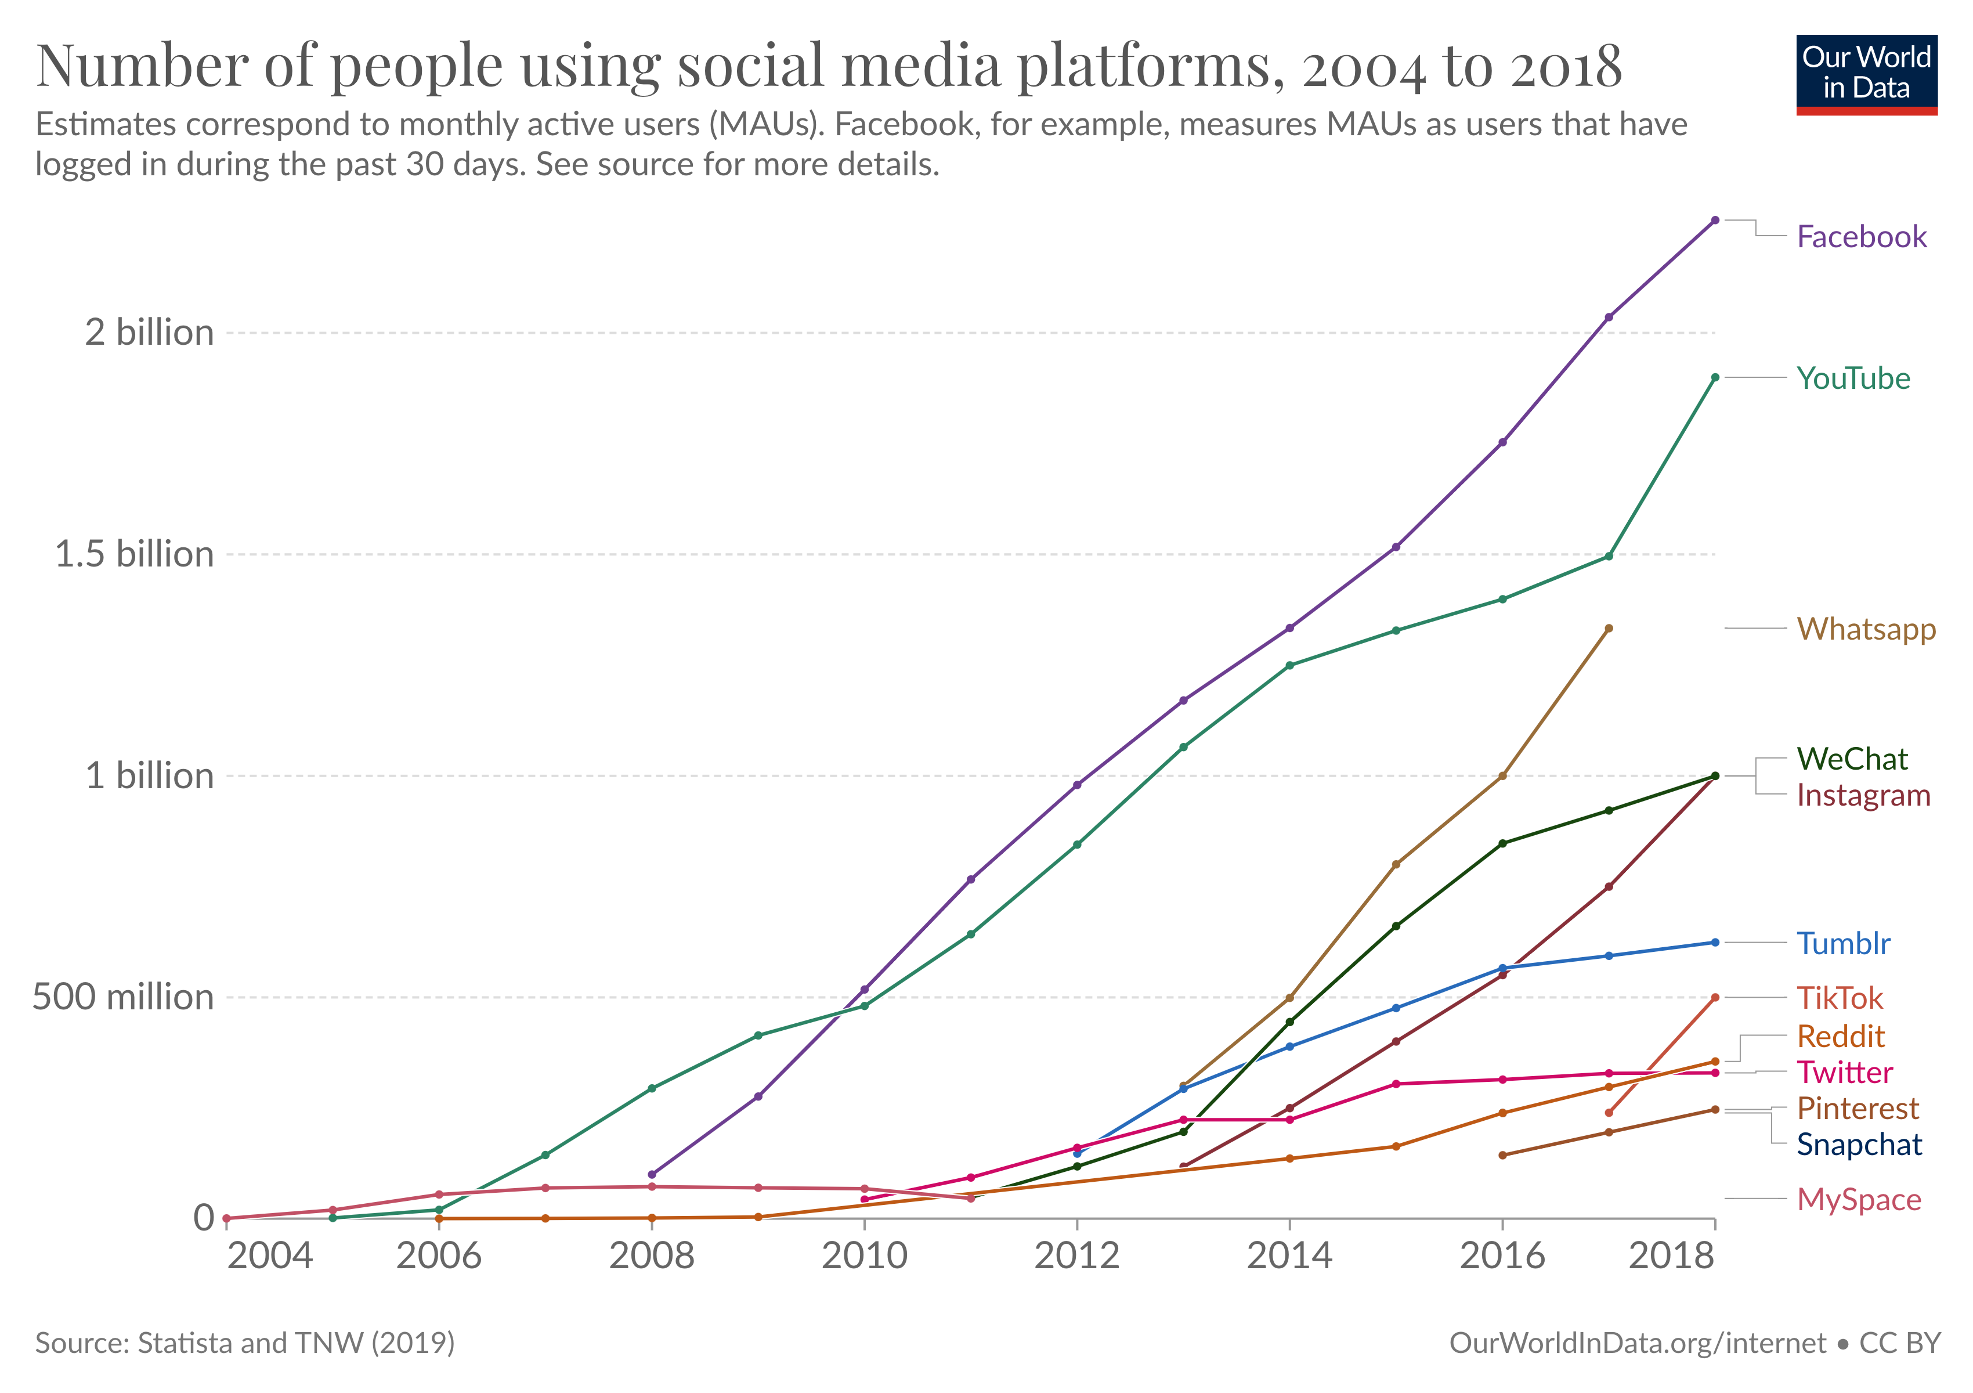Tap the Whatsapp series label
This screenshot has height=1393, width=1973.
click(1866, 629)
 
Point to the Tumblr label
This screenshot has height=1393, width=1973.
click(1843, 944)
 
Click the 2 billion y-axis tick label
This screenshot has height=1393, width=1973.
click(149, 333)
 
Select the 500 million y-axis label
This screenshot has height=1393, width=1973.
click(123, 998)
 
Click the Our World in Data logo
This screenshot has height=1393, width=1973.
click(1866, 75)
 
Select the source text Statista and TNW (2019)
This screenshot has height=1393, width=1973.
click(295, 1343)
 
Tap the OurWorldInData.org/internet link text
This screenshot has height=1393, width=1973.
click(1637, 1343)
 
